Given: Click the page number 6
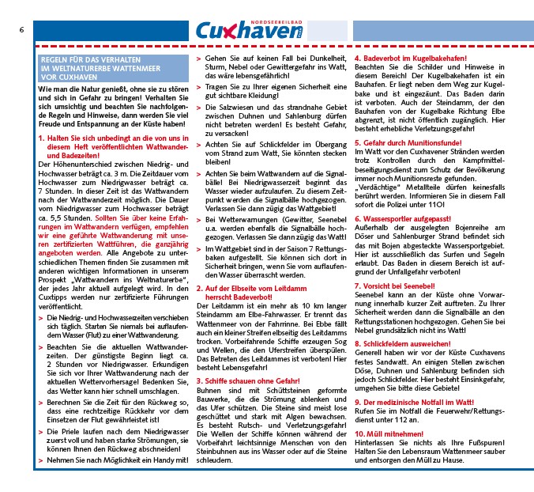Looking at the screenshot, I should tap(21, 29).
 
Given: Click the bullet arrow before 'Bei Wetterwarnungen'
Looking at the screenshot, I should tap(197, 220).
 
